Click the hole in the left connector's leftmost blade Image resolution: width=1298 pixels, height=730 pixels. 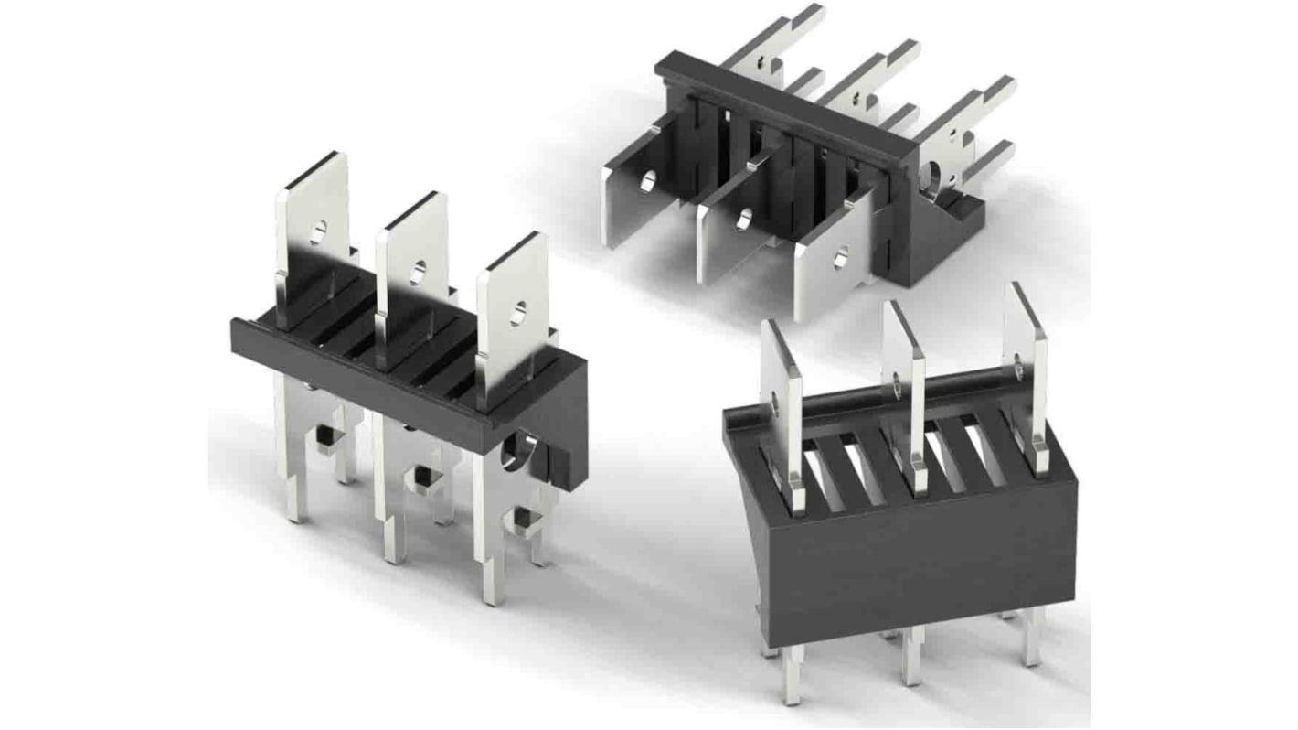pos(317,231)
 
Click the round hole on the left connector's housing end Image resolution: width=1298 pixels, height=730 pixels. pos(520,451)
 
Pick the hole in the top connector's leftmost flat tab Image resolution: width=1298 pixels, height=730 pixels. pos(648,182)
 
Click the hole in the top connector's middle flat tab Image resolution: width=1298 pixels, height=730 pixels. pos(744,220)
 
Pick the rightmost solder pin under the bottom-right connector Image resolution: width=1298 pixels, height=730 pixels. pos(1034,645)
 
